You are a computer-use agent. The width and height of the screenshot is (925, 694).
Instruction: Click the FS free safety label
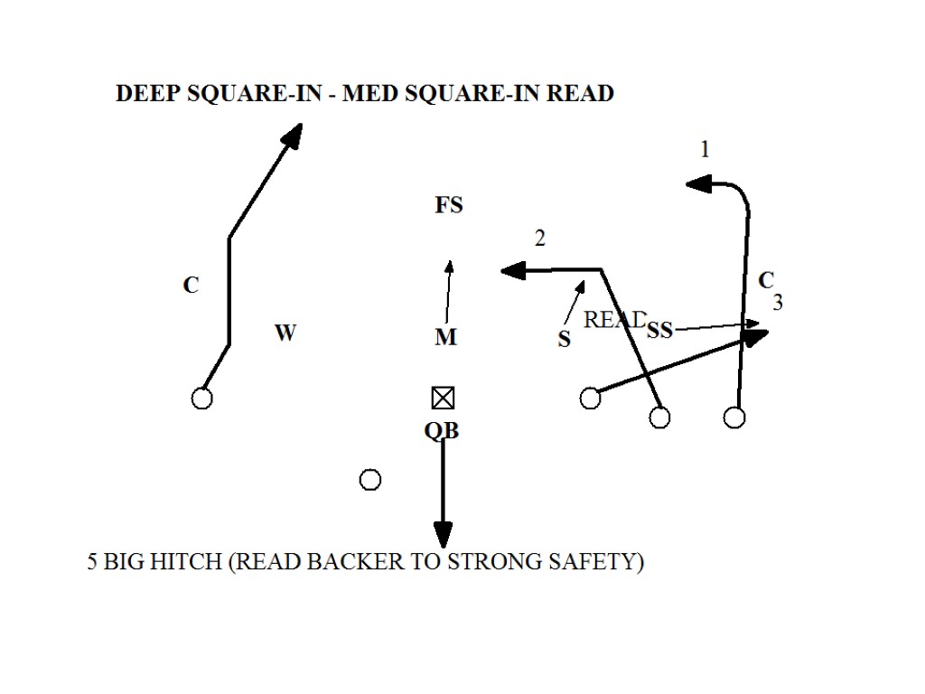449,206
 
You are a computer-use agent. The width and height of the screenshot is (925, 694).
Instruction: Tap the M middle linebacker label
445,338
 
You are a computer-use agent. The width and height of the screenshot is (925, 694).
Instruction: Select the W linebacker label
285,333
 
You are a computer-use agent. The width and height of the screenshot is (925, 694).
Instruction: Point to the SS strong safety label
660,331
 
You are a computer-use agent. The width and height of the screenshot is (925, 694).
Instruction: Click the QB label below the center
442,432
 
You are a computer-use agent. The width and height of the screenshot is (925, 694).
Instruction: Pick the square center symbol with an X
443,399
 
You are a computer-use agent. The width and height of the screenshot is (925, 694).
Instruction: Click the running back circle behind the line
370,480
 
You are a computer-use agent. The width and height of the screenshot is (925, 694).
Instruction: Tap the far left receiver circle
202,399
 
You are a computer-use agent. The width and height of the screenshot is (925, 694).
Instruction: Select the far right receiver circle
735,417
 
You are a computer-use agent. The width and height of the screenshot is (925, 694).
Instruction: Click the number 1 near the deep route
705,150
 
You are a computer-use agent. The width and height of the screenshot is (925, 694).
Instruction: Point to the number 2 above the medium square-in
540,239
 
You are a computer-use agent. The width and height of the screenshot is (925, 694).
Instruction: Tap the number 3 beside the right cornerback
778,304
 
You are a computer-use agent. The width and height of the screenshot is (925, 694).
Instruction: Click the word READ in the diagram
614,320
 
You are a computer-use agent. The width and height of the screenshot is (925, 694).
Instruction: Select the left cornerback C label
191,286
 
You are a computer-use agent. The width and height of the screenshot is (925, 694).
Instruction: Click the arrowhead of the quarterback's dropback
443,534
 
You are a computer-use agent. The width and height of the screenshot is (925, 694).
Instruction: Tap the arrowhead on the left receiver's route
292,136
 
